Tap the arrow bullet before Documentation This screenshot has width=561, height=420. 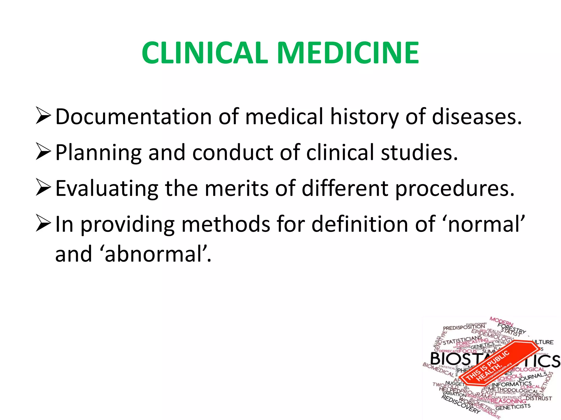(x=43, y=116)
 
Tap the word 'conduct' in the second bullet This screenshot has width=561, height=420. (x=232, y=152)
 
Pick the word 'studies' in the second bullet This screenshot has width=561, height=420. (x=419, y=152)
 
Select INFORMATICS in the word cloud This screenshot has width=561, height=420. (x=512, y=385)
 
